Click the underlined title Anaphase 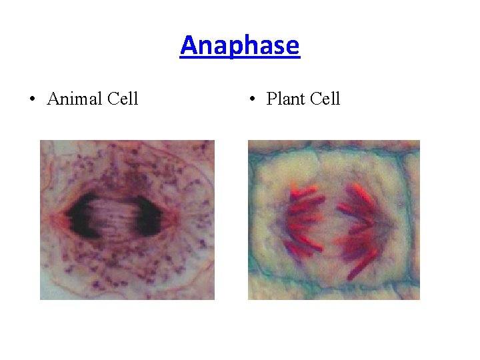pyautogui.click(x=240, y=46)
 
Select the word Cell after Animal pyautogui.click(x=122, y=99)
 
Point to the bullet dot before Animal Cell pyautogui.click(x=32, y=100)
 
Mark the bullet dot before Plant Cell pyautogui.click(x=251, y=100)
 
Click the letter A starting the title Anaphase pyautogui.click(x=189, y=46)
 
